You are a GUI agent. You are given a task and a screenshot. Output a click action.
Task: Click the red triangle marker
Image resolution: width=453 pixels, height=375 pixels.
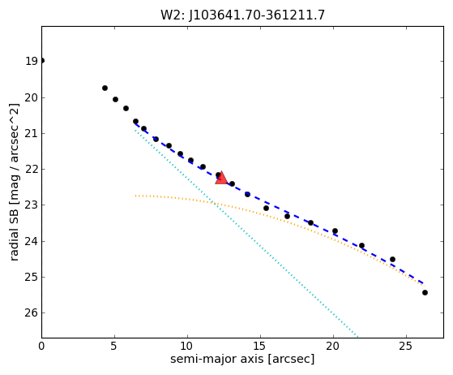pos(221,179)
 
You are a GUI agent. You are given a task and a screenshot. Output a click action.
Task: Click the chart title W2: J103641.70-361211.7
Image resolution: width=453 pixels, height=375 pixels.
pos(242,15)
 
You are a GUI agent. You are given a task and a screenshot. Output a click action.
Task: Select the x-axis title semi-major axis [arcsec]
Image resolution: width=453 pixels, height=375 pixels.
pos(242,359)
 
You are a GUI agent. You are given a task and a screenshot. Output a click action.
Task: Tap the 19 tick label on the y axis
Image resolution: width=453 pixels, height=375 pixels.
pos(32,61)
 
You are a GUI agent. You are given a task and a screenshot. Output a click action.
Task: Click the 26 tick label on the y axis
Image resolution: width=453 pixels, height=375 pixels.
pos(32,312)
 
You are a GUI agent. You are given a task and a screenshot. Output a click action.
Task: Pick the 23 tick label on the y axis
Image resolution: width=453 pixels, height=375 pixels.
pos(32,205)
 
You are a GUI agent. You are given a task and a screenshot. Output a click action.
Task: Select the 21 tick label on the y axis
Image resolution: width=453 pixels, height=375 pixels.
pos(32,133)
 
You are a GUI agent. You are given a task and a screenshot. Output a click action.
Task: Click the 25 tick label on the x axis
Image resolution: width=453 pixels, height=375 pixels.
pos(406,346)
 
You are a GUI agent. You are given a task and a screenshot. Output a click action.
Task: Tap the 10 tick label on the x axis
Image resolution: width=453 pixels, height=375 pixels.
pos(187,346)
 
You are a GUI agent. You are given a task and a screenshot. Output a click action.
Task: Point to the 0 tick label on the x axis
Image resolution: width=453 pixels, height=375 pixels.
pos(41,346)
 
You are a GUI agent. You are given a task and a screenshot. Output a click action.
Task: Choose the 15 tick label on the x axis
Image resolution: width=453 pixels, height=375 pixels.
pos(260,346)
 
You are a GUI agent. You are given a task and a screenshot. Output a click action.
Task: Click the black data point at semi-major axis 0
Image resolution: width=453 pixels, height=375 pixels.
pos(42,61)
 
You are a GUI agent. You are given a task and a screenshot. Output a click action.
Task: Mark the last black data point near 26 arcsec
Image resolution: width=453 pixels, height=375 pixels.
pos(425,292)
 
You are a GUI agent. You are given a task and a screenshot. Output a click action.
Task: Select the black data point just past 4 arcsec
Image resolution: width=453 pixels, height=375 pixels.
pos(105,88)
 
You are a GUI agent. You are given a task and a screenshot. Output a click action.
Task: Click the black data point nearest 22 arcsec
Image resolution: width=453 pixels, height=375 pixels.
pos(361,245)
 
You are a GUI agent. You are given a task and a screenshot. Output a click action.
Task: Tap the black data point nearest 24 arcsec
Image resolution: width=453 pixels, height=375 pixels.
pos(392,259)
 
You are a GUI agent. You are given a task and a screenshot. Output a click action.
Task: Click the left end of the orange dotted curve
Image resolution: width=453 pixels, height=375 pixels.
pos(135,196)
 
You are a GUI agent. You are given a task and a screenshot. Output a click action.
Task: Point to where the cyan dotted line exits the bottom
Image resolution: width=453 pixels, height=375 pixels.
pos(357,337)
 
